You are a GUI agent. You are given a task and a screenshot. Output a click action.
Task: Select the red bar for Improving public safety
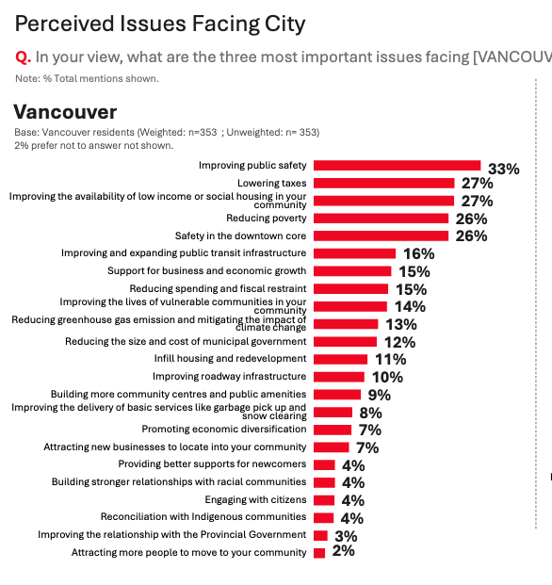pos(397,165)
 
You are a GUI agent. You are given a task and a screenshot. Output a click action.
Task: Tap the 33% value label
pos(504,169)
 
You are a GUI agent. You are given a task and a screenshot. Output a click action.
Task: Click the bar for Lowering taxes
pos(383,183)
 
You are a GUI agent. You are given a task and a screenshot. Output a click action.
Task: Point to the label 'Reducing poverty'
pos(267,218)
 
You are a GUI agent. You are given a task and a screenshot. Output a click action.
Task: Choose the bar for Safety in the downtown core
pos(381,236)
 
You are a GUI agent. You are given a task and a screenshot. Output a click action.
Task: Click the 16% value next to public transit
pos(418,253)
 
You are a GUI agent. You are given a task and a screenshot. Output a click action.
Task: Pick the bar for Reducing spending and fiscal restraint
pos(350,288)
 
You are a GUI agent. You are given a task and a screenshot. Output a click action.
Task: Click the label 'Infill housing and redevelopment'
pos(230,359)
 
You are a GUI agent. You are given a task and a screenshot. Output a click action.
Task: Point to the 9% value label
pos(380,395)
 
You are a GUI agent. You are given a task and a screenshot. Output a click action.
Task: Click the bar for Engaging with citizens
pos(323,500)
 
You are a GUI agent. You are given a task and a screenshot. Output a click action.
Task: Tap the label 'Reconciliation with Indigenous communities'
pos(203,517)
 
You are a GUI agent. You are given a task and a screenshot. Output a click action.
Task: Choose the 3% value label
pos(344,535)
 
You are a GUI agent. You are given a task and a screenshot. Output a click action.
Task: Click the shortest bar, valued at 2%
pos(318,552)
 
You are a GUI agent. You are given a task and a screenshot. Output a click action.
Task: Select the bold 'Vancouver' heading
pos(65,113)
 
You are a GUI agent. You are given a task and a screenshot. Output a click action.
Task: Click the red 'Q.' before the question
pos(24,57)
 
